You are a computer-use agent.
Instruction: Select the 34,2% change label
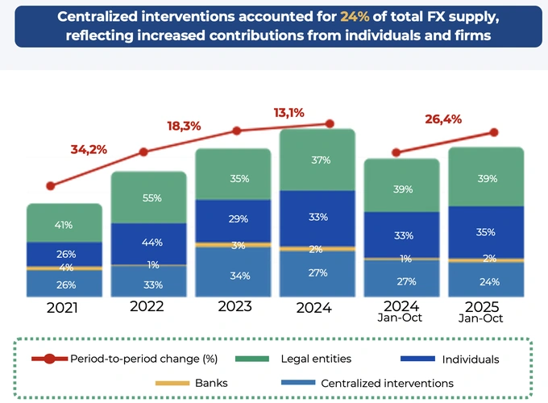tap(89, 149)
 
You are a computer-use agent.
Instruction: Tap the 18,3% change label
tap(184, 126)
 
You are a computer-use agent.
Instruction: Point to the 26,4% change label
tap(443, 119)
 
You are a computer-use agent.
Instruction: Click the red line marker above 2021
tap(52, 185)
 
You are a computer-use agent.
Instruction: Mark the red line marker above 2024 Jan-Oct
tap(396, 152)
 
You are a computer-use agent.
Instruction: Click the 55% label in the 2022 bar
tap(152, 197)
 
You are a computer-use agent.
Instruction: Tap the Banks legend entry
tap(185, 383)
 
